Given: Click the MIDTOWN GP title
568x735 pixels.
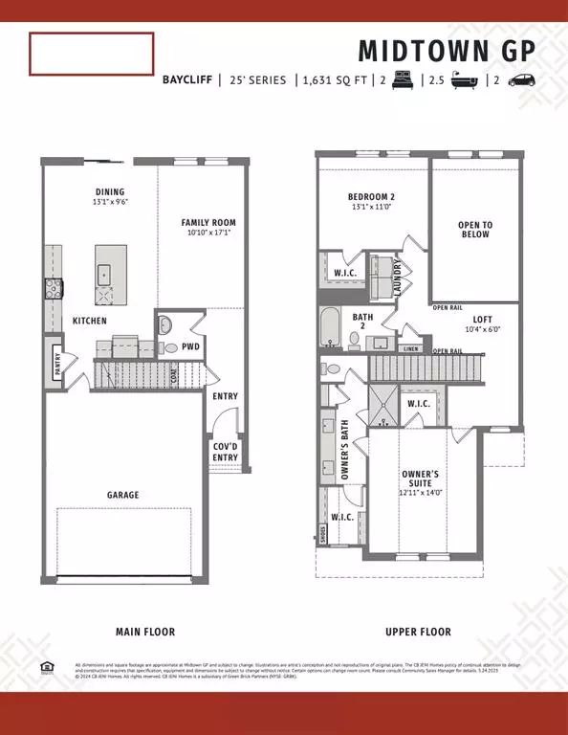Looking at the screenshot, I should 447,50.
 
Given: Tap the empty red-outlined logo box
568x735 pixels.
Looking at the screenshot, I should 91,54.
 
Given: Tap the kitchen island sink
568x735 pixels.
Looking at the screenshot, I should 104,274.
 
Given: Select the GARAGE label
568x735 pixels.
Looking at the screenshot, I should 122,495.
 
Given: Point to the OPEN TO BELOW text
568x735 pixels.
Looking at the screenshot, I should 474,230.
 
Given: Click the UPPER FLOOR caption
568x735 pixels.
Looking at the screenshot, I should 418,632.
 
